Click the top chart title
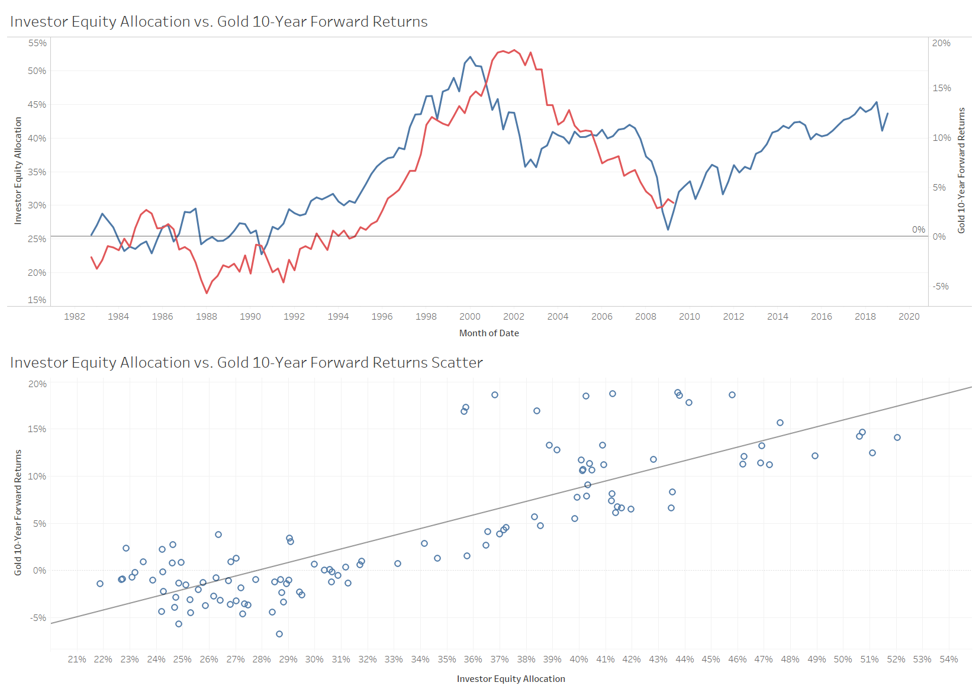219,22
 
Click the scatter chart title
246,363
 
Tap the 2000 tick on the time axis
470,317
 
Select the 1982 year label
75,317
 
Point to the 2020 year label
909,317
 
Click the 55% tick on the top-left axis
37,43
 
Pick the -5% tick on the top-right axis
941,287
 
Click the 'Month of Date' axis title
489,333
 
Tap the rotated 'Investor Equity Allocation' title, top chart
18,170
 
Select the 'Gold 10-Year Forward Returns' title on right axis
961,170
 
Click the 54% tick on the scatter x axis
949,659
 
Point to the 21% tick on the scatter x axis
77,659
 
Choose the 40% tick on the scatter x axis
579,659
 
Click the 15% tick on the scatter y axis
37,429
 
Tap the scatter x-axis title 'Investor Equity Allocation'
511,679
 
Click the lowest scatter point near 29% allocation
279,634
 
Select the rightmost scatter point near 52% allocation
897,437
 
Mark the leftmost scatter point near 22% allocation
100,584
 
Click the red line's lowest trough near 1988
207,293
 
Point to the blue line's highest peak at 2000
471,57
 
